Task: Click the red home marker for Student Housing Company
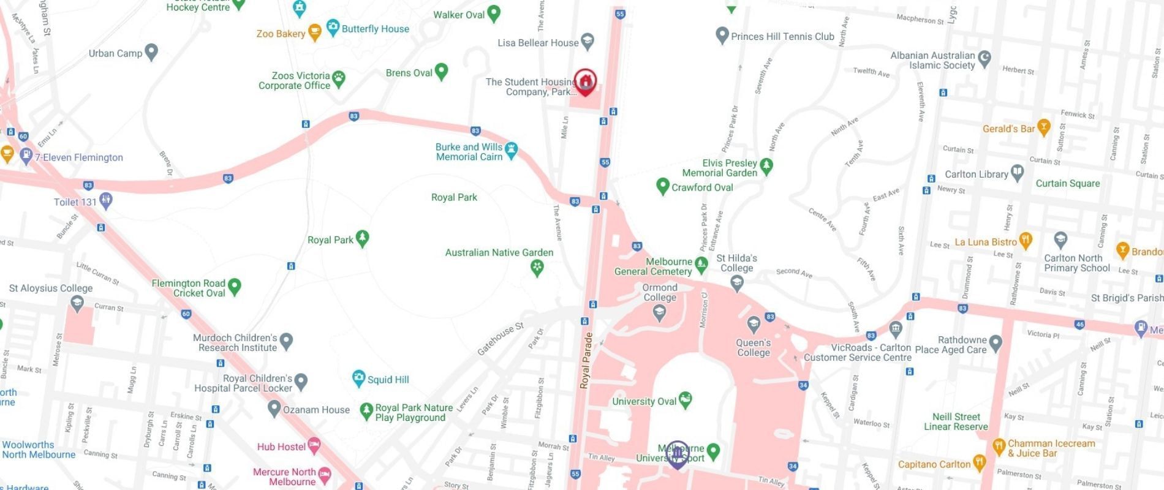pos(585,81)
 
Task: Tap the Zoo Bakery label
pos(281,34)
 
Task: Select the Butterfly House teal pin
pos(333,28)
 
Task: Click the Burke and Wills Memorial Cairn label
pos(469,152)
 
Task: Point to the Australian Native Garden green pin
pos(537,267)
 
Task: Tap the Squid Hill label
pos(388,380)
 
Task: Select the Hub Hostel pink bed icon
pos(314,446)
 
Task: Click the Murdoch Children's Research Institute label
pos(235,343)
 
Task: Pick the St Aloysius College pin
pos(77,303)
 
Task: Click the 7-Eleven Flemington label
pos(79,157)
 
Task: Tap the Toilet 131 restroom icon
pos(106,200)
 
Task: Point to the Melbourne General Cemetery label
pos(654,266)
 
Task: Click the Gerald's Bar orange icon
pos(1044,127)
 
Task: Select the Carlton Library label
pos(976,175)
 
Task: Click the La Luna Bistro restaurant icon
pos(1026,239)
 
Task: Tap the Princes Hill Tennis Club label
pos(782,37)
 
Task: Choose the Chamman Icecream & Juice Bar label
pos(1051,448)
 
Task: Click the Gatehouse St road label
pos(501,339)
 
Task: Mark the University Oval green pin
pos(686,399)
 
